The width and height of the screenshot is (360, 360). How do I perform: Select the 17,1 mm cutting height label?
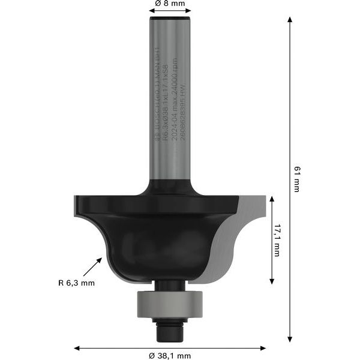pos(277,240)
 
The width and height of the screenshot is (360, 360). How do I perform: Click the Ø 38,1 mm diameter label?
pos(170,355)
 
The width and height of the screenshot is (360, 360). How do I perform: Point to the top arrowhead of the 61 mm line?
pos(290,20)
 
